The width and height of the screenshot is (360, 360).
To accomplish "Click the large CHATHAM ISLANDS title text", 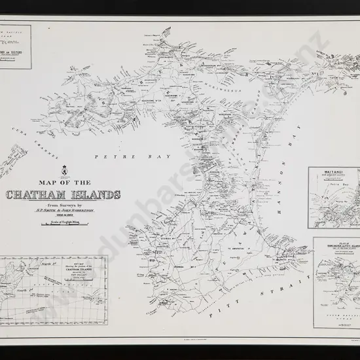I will [63, 194].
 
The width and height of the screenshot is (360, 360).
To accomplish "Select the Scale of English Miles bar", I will [63, 226].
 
